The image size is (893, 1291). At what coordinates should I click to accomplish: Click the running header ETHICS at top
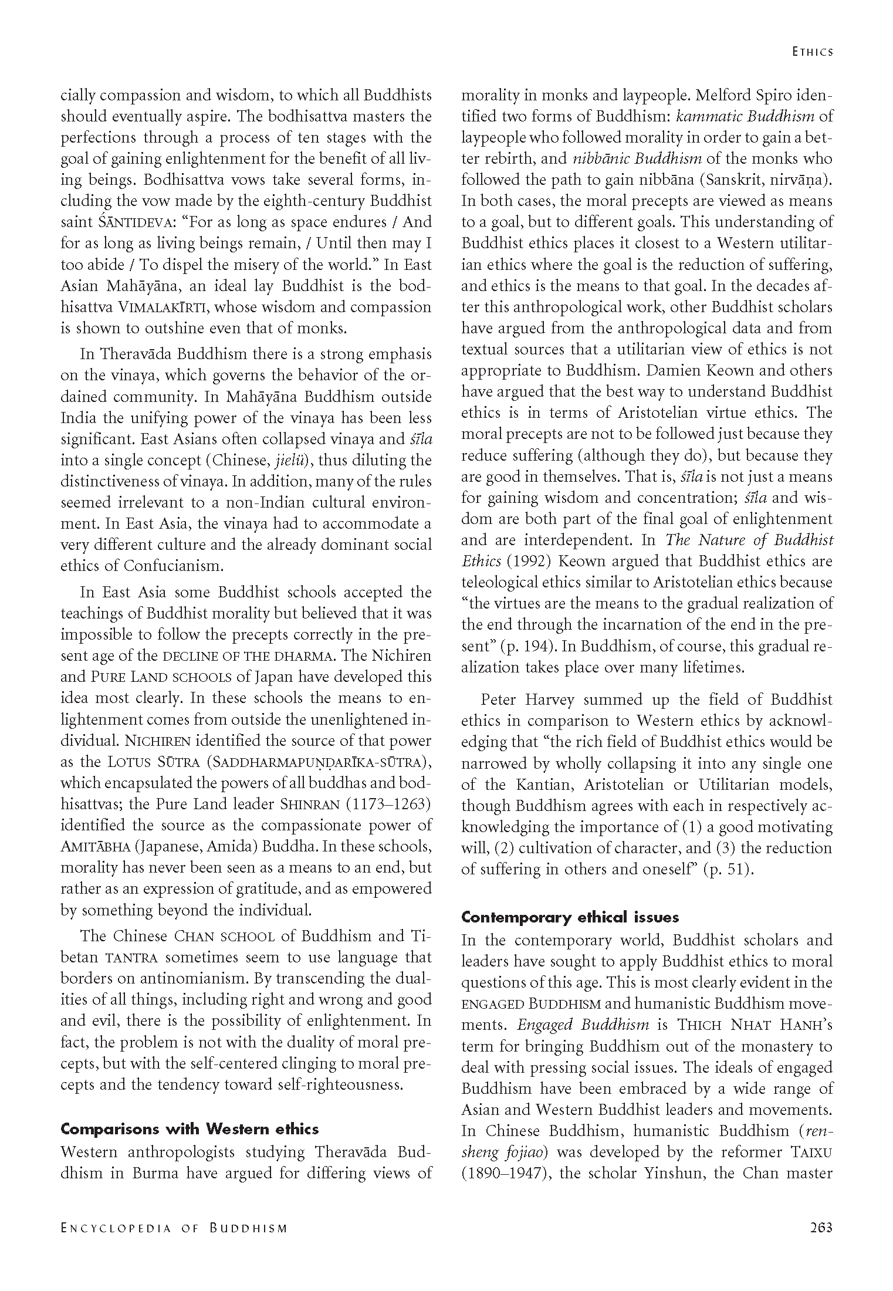click(x=812, y=52)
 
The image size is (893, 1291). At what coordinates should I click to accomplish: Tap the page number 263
click(x=820, y=1228)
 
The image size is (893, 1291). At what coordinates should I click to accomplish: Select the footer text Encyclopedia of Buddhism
click(x=174, y=1228)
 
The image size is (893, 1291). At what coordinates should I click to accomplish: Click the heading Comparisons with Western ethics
click(x=190, y=1129)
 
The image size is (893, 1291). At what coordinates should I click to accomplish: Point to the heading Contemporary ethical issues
click(x=570, y=917)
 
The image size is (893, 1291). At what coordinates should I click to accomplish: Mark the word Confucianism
click(x=174, y=566)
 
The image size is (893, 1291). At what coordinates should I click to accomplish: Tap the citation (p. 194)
click(x=524, y=646)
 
